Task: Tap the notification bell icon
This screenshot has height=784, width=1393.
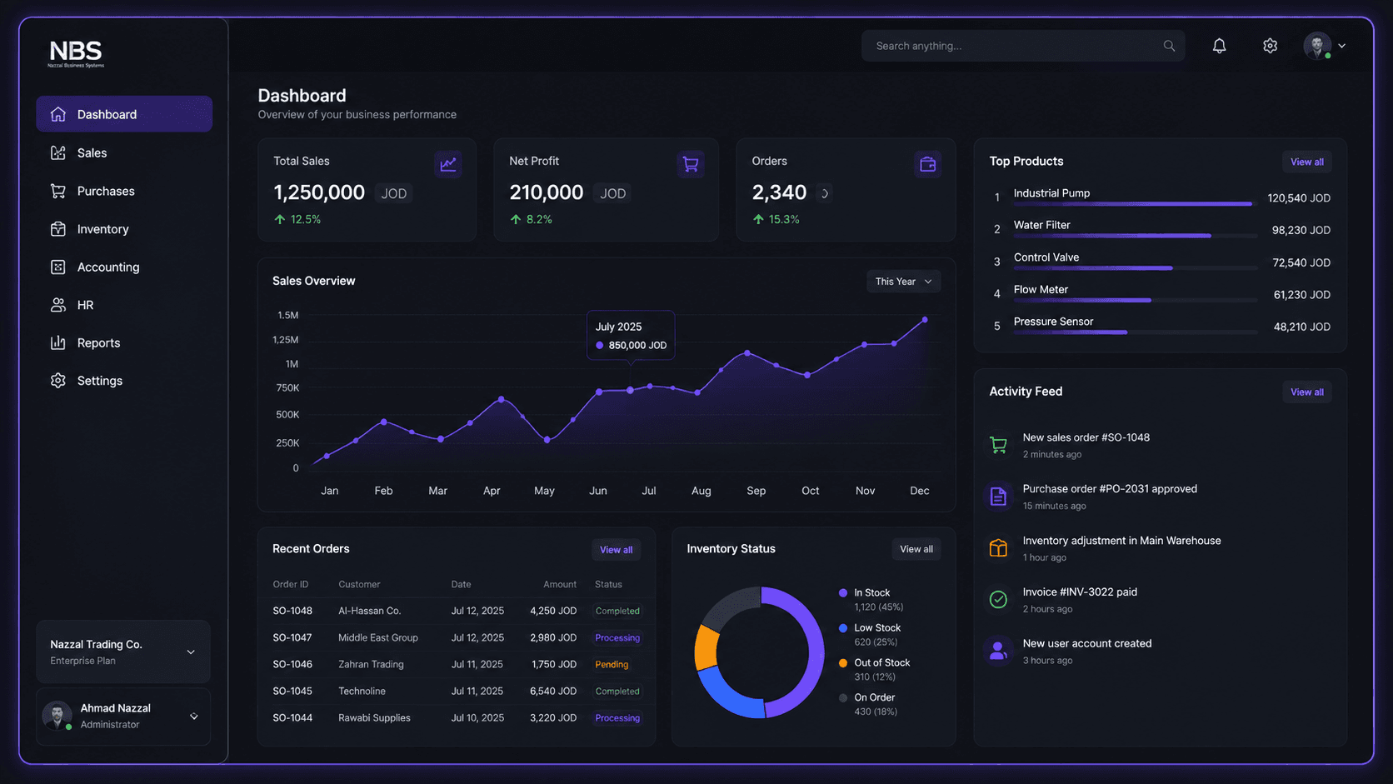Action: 1219,45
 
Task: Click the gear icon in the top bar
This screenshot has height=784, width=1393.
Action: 1270,45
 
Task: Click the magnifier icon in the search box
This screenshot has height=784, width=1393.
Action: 1169,45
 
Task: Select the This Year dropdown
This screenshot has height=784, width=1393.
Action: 904,282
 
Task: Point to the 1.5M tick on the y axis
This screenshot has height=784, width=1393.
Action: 288,315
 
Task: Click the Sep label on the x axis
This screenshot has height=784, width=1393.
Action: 756,491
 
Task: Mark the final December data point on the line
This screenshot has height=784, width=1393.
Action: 925,320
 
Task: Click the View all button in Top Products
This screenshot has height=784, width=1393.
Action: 1306,162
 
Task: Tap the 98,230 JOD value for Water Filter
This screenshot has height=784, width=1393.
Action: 1301,230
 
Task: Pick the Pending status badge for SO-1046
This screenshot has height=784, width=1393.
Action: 612,664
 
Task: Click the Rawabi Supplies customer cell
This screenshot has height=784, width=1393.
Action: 374,717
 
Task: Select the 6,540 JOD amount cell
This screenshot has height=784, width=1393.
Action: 553,691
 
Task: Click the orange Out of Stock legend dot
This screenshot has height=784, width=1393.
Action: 842,662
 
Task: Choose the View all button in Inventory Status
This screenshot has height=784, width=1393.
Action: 916,549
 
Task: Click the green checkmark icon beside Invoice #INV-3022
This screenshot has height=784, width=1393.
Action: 998,599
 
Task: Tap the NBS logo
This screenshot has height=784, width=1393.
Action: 76,53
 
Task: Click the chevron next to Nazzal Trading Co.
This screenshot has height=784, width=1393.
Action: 191,652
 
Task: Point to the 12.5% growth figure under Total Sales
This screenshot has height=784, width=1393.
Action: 305,219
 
